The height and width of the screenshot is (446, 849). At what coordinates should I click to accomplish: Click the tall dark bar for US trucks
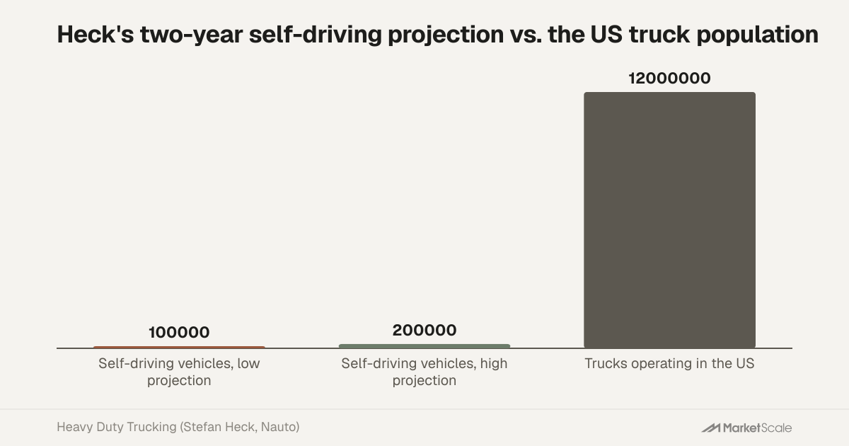669,220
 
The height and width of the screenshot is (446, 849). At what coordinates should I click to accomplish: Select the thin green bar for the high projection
424,346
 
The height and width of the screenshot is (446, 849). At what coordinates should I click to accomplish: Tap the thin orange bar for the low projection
179,347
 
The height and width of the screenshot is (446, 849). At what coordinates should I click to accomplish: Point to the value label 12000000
669,78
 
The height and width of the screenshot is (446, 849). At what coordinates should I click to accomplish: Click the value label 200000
424,330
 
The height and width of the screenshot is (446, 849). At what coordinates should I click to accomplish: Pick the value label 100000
179,332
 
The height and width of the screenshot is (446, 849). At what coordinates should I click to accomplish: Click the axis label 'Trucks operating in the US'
669,363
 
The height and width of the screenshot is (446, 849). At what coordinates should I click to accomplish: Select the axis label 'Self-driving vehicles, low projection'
179,372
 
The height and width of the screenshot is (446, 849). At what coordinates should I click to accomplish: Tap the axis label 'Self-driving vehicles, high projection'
424,372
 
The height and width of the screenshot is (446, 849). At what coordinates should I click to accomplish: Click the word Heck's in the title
95,34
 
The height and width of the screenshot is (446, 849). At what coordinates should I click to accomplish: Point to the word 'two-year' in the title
192,35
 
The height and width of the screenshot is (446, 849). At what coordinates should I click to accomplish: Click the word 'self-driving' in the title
316,35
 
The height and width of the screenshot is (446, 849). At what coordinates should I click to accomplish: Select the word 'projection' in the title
446,35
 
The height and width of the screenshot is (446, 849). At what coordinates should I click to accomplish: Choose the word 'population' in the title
758,35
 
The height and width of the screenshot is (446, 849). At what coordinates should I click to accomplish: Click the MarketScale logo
746,428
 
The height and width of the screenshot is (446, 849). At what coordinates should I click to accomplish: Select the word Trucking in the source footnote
151,428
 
